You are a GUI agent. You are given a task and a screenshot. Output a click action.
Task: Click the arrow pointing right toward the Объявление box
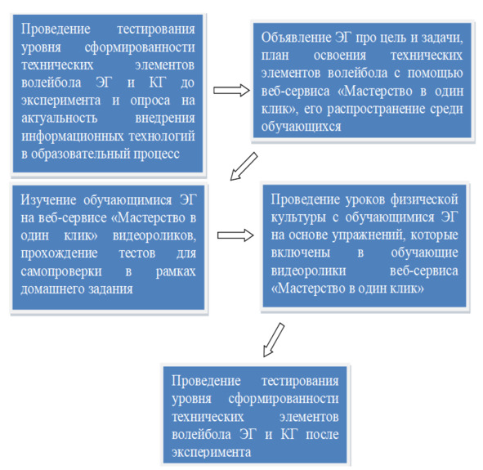pyautogui.click(x=231, y=91)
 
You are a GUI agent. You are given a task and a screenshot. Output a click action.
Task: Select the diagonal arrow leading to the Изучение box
pyautogui.click(x=244, y=166)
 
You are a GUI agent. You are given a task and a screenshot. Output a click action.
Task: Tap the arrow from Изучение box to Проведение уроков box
pyautogui.click(x=235, y=235)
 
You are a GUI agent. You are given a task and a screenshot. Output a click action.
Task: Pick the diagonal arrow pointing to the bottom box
pyautogui.click(x=274, y=340)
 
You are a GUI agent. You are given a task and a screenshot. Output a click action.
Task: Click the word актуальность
pyautogui.click(x=59, y=118)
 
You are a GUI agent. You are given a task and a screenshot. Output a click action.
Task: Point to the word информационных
pyautogui.click(x=73, y=137)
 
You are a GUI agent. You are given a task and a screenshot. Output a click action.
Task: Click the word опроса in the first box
pyautogui.click(x=150, y=101)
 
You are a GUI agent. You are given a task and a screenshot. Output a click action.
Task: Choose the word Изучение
pyautogui.click(x=48, y=200)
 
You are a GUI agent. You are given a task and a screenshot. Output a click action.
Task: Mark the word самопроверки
pyautogui.click(x=61, y=271)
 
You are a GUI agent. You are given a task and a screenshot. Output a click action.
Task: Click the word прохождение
pyautogui.click(x=59, y=253)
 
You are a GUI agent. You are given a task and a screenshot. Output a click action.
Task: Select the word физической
pyautogui.click(x=424, y=200)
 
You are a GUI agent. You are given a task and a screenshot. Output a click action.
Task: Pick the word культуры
pyautogui.click(x=298, y=217)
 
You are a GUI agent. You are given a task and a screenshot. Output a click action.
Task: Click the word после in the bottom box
pyautogui.click(x=322, y=435)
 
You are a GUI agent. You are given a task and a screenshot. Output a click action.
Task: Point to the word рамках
pyautogui.click(x=176, y=271)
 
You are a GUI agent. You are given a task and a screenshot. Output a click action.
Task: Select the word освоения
pyautogui.click(x=340, y=56)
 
